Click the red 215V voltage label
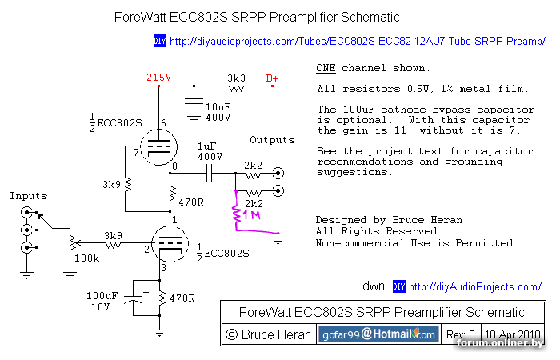(x=158, y=78)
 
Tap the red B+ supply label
(x=272, y=78)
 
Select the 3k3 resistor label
(x=236, y=78)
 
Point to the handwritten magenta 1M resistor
(x=237, y=214)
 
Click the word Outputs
(x=272, y=140)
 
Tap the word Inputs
(x=28, y=196)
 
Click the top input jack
(x=29, y=213)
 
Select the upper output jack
(x=278, y=173)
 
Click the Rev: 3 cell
(x=461, y=334)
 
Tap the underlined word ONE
(x=326, y=68)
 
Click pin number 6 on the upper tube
(x=163, y=123)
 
